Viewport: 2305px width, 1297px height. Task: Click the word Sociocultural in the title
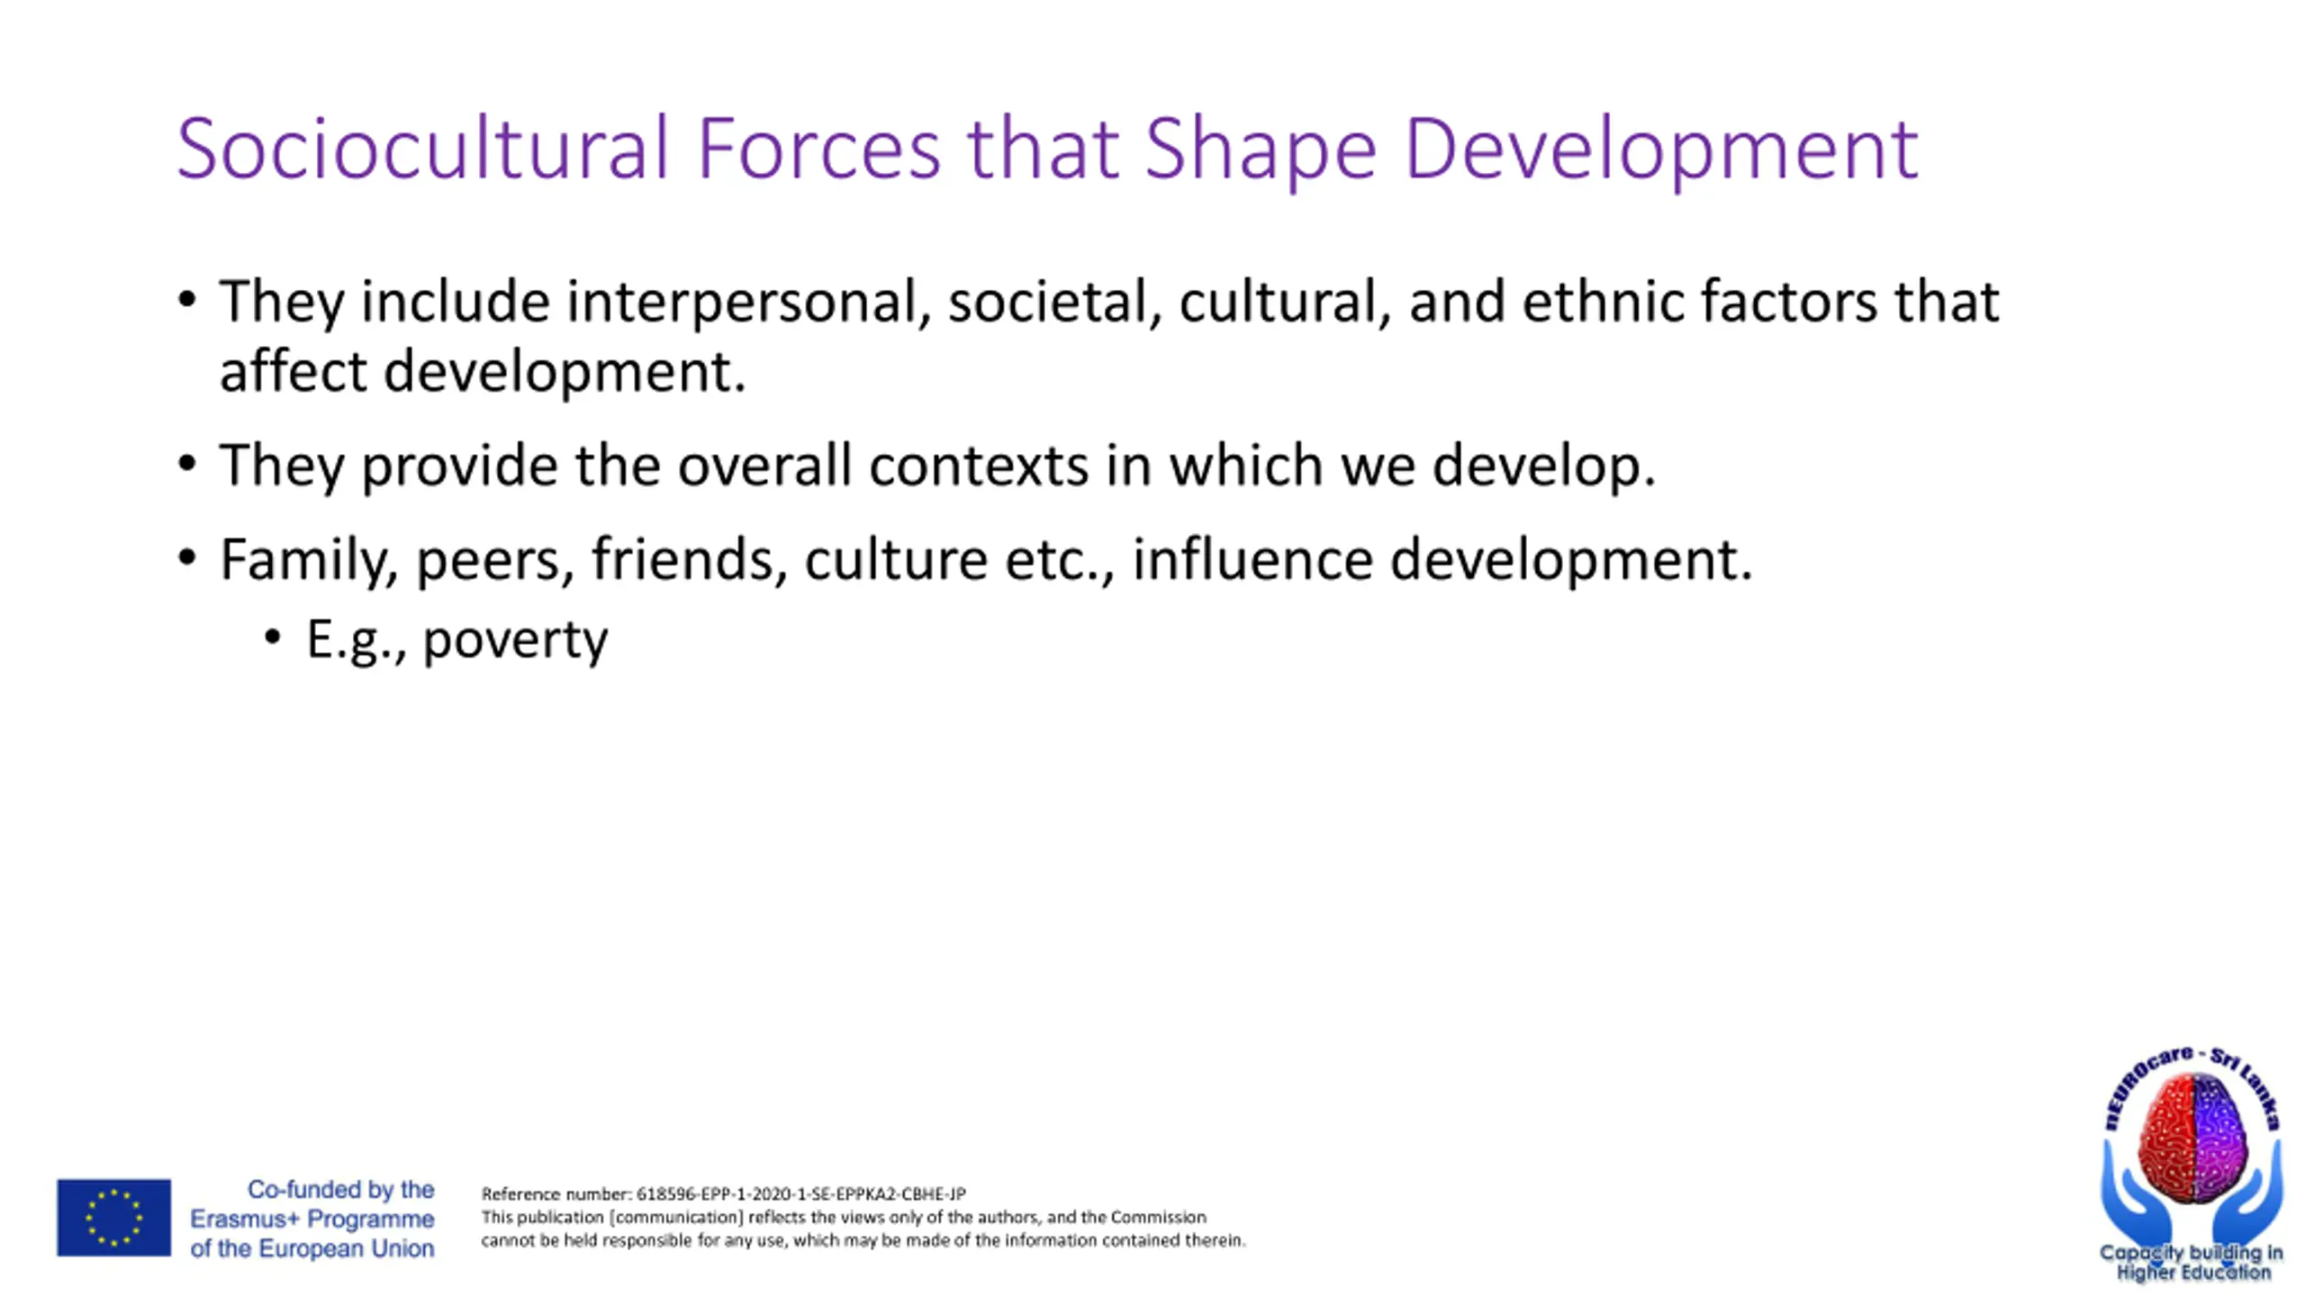point(422,148)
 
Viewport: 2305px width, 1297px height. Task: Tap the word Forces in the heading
point(818,148)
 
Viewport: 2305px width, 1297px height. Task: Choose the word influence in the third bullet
point(1252,559)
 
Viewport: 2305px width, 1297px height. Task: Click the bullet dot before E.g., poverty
point(273,638)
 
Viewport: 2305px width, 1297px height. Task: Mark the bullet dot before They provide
point(187,465)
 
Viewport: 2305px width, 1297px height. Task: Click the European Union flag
point(113,1218)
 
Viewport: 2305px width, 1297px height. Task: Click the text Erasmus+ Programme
point(312,1220)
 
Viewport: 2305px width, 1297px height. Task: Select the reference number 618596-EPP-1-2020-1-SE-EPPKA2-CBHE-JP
point(800,1194)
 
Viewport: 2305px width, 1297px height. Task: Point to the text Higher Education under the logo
point(2192,1273)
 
